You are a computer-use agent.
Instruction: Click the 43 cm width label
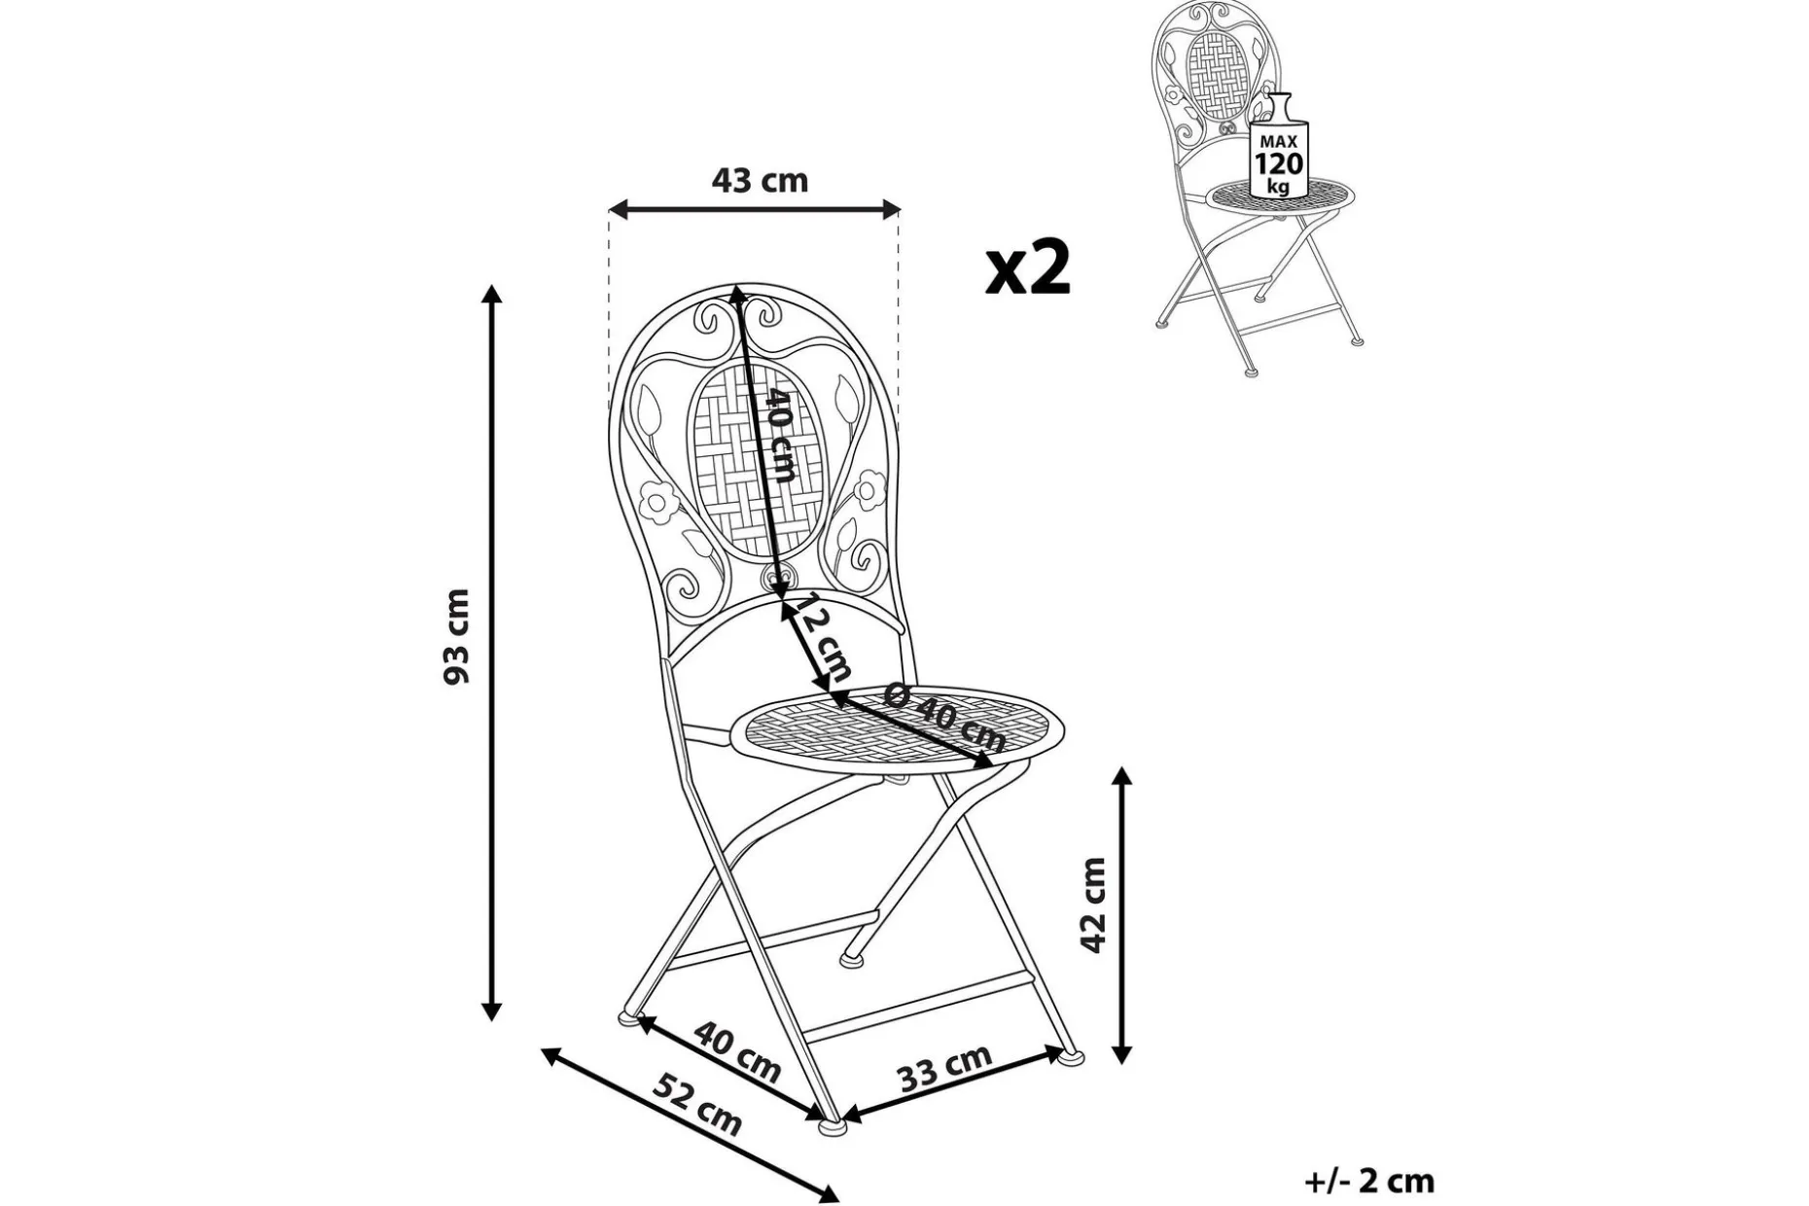point(760,181)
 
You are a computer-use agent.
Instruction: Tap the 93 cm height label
point(456,637)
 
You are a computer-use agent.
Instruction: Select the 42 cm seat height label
point(1094,905)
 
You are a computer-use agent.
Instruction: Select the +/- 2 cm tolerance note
point(1369,1181)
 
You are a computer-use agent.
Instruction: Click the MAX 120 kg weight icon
point(1278,146)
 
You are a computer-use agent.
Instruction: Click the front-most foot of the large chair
point(833,1126)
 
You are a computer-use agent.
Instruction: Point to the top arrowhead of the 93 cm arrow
point(492,295)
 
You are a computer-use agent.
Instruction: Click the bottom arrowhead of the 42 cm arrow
point(1123,1053)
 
